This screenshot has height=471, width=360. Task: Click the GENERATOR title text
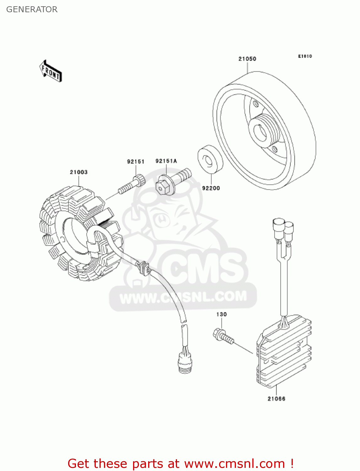click(32, 9)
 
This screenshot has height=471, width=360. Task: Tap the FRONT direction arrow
click(51, 71)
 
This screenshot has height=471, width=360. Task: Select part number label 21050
click(247, 59)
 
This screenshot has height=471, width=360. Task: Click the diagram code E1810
click(305, 56)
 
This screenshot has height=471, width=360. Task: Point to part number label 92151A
click(166, 161)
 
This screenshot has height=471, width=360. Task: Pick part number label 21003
click(78, 172)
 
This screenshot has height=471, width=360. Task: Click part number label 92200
click(211, 188)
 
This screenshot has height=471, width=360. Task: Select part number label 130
click(221, 314)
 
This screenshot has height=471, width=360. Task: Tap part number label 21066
click(276, 399)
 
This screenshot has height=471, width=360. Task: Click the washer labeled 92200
click(210, 159)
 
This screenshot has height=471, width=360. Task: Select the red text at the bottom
click(180, 463)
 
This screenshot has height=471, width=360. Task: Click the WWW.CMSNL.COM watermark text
click(183, 297)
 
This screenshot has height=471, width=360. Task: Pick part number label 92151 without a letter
click(136, 162)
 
